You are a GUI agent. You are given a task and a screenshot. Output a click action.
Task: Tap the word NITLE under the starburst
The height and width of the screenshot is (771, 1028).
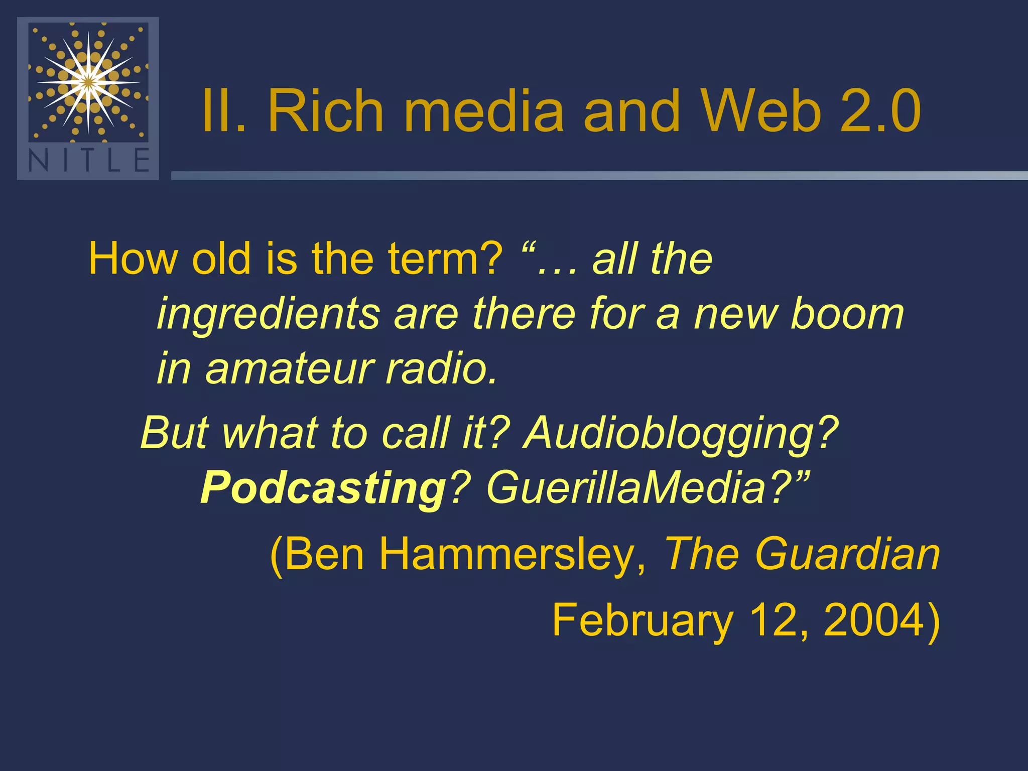88,161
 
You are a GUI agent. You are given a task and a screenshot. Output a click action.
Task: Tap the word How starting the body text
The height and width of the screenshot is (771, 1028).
134,259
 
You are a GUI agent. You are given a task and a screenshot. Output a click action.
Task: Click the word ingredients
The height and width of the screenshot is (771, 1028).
269,314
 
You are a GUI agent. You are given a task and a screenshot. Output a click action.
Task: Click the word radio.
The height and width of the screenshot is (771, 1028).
442,368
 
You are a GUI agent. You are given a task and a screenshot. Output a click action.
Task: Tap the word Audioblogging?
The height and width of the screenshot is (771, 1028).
681,433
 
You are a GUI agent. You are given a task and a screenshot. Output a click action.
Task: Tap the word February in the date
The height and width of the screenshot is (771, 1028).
642,620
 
